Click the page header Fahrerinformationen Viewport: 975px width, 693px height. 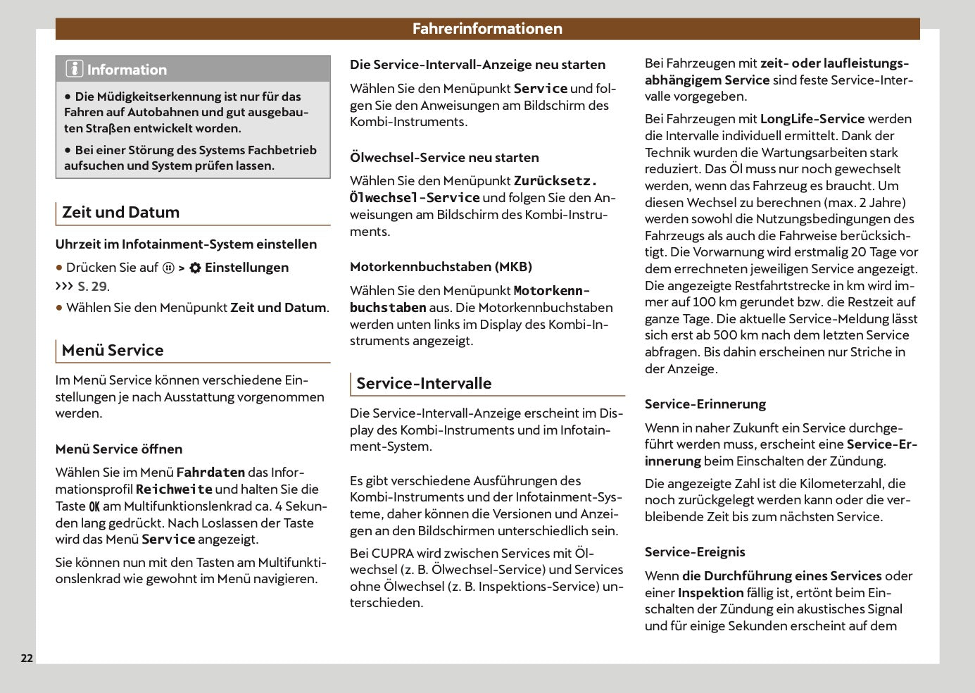(487, 29)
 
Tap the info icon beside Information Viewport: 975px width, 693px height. (74, 69)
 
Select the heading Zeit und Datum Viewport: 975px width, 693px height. (120, 212)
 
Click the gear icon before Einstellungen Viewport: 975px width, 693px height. (195, 268)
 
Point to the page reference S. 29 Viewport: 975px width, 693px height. (92, 286)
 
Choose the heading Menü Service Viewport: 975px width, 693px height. (113, 350)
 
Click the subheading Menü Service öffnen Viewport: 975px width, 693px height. (119, 449)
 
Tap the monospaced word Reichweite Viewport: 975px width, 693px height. (174, 489)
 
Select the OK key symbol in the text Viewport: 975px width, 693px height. (94, 506)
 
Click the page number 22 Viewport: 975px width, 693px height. (27, 658)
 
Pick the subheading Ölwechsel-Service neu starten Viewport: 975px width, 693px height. (444, 157)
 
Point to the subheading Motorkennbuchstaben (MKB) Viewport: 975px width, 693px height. (441, 266)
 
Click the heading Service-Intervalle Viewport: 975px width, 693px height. (424, 383)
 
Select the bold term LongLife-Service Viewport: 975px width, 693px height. (812, 119)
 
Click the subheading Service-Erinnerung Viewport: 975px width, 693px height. (705, 404)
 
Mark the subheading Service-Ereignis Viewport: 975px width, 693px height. (694, 551)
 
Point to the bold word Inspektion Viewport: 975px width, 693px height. (710, 593)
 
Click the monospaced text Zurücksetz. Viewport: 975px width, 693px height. (555, 181)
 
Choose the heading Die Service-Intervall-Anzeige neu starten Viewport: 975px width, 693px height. (477, 64)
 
